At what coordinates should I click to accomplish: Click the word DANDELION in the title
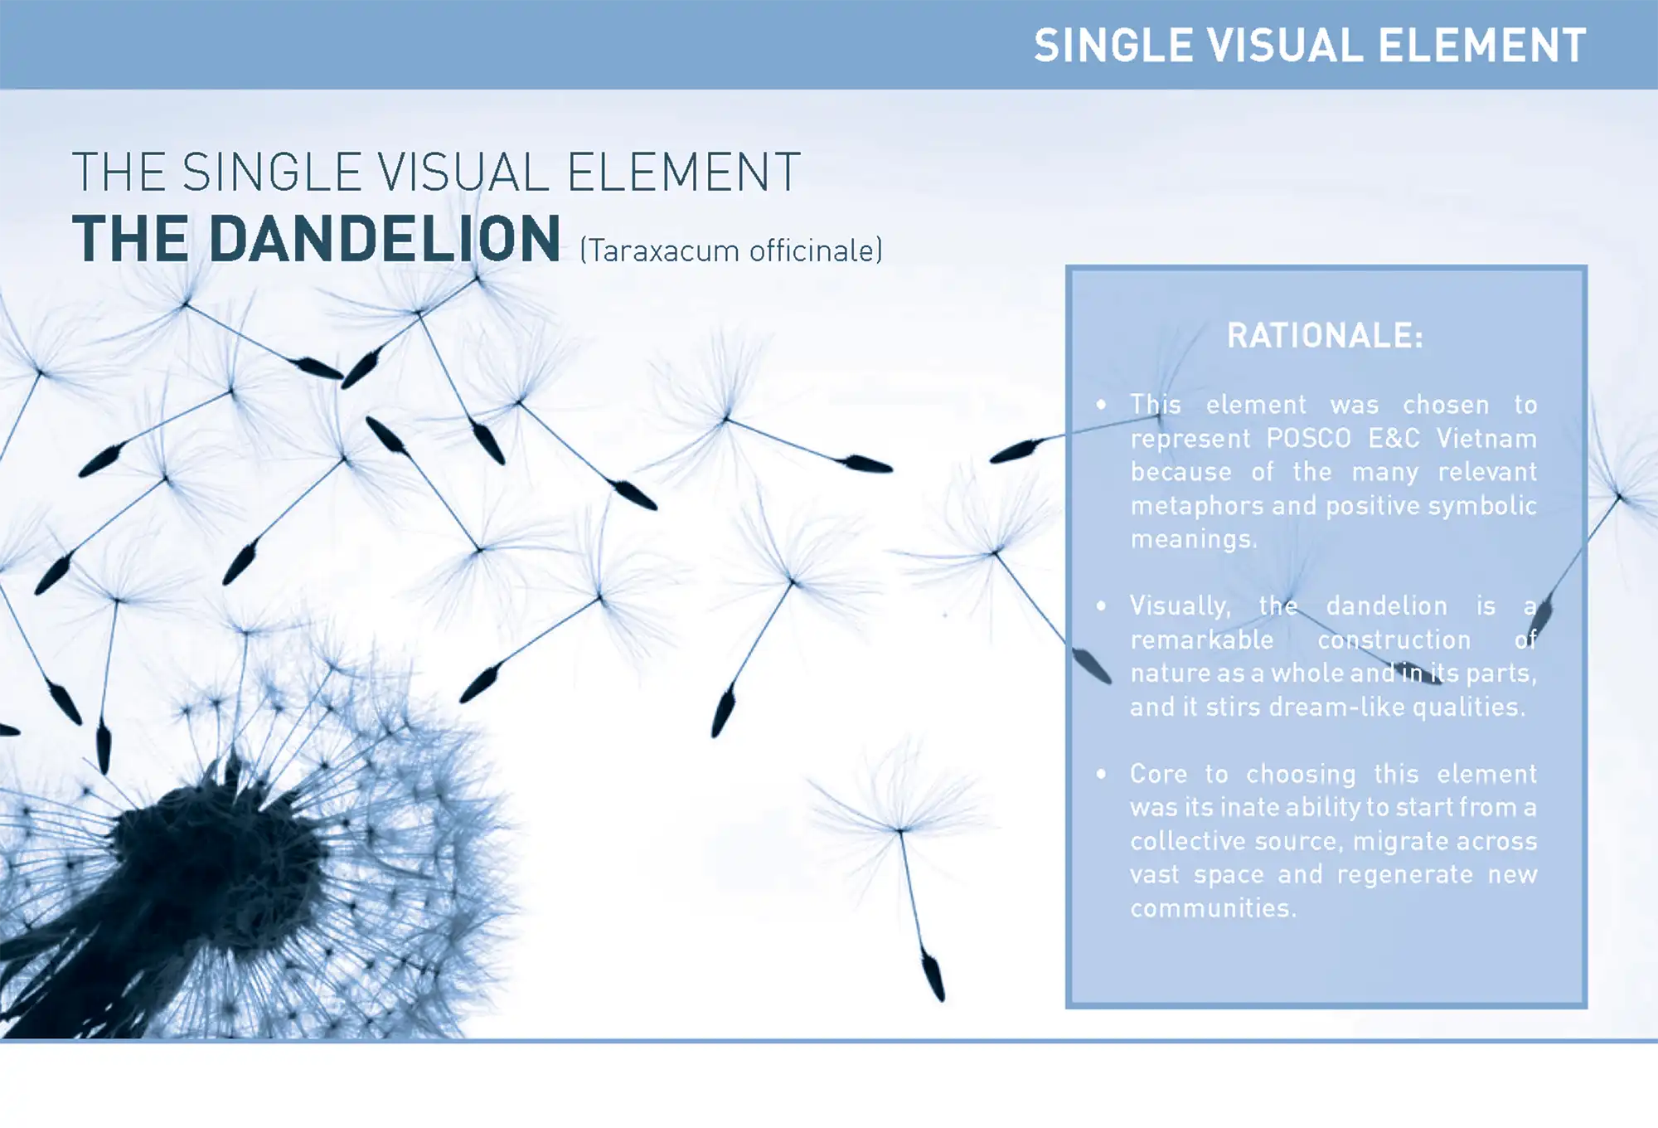point(385,239)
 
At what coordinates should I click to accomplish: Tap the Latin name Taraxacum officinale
point(732,250)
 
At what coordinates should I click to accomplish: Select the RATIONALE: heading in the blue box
point(1325,336)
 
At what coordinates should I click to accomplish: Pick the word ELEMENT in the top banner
point(1481,46)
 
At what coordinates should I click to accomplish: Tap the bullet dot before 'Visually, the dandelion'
point(1101,605)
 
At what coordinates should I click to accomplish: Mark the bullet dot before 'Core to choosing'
point(1101,774)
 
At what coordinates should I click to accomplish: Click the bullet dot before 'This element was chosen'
point(1101,405)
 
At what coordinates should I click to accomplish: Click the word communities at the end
point(1213,908)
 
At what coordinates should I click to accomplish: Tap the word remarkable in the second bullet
point(1202,639)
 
